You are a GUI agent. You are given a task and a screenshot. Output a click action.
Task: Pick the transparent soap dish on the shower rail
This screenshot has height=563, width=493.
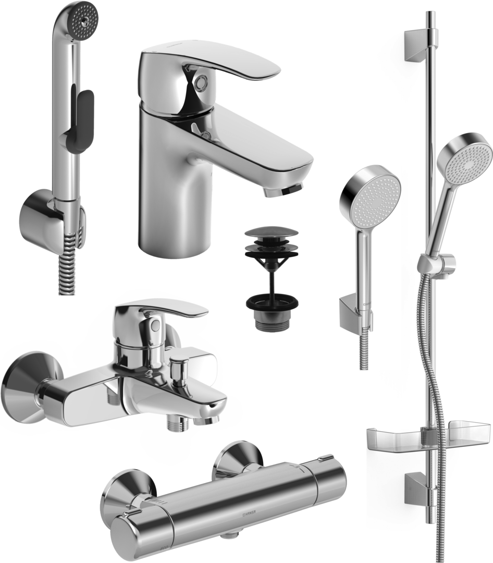click(x=427, y=437)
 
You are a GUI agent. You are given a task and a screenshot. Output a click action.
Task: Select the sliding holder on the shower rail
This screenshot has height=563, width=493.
click(x=438, y=263)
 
